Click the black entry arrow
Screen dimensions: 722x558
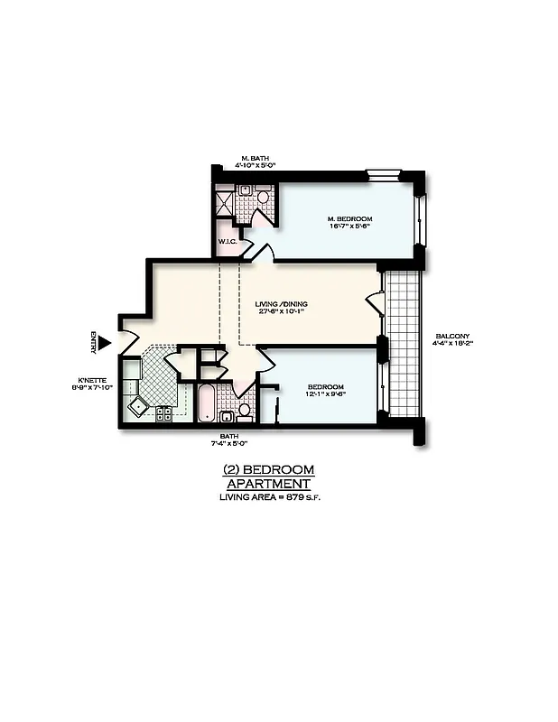click(104, 342)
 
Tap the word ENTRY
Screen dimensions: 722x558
click(92, 342)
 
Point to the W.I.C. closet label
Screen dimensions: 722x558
click(227, 241)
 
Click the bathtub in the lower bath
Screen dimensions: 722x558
click(206, 402)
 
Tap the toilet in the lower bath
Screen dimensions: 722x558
click(244, 411)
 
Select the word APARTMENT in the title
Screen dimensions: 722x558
click(268, 484)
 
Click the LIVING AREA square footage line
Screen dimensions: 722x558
click(268, 497)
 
